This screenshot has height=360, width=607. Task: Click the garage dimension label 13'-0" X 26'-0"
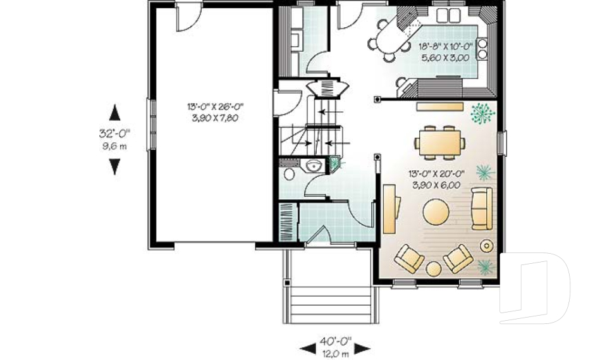(x=215, y=106)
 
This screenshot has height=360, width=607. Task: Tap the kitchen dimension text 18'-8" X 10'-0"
(x=446, y=47)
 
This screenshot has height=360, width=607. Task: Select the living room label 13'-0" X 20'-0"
(x=436, y=173)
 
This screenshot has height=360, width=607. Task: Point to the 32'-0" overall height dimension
(x=114, y=133)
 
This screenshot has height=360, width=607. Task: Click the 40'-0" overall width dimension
(x=336, y=342)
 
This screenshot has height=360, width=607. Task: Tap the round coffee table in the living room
(x=436, y=212)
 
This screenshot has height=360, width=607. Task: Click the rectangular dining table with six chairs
(x=440, y=142)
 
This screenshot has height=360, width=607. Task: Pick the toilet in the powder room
(x=289, y=174)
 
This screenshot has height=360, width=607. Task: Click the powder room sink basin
(x=314, y=166)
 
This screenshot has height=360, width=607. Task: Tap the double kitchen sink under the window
(x=448, y=16)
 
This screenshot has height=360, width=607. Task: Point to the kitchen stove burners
(x=482, y=49)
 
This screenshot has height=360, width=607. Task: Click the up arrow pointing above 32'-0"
(x=114, y=113)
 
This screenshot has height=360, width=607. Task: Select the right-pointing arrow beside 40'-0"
(x=362, y=349)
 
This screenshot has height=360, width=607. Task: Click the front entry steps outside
(x=330, y=304)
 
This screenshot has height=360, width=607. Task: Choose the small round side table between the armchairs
(x=434, y=268)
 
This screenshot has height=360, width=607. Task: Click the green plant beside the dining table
(x=482, y=113)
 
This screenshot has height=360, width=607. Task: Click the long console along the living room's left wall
(x=391, y=209)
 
